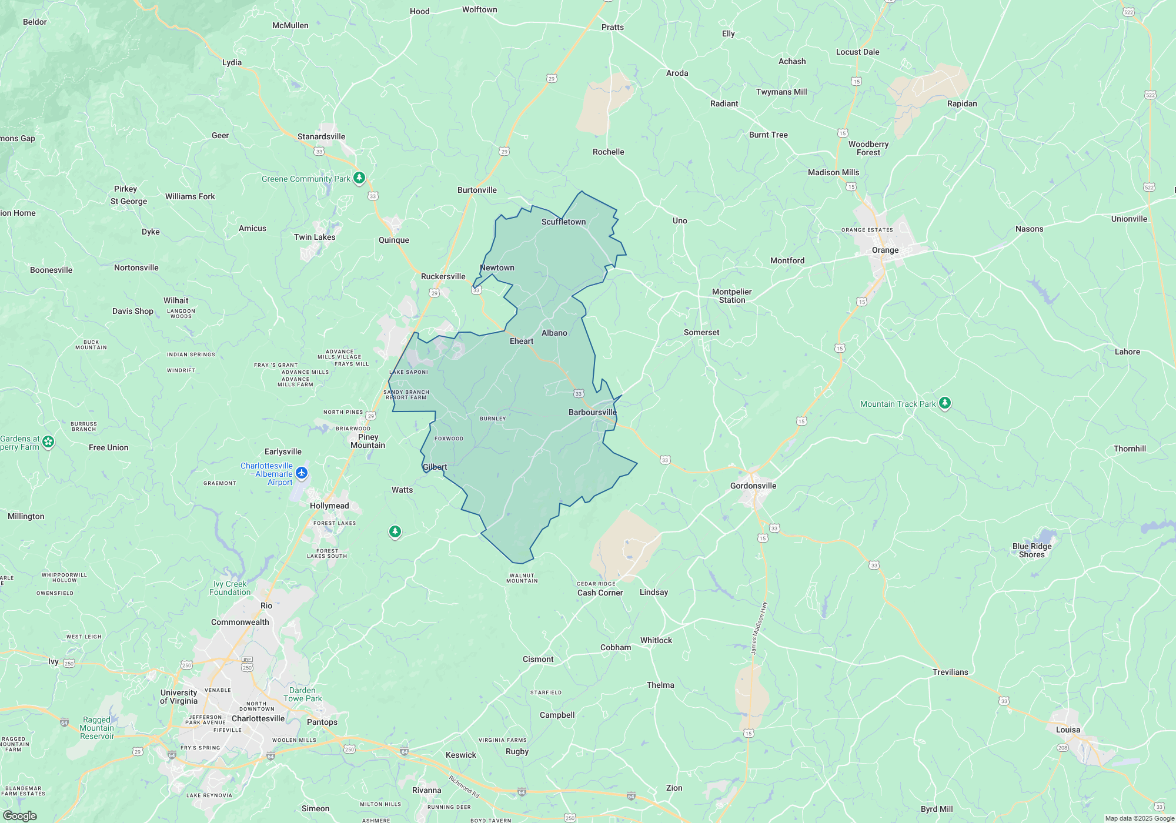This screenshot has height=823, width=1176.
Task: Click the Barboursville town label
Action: pos(592,412)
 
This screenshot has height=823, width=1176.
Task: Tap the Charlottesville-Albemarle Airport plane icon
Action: pos(302,473)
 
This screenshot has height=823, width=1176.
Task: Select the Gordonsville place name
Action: pos(753,486)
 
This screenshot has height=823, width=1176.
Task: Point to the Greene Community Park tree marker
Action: pos(359,178)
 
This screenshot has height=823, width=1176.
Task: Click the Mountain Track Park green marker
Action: pos(945,403)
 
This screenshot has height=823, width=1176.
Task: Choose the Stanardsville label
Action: pos(321,136)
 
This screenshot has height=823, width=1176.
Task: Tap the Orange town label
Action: pos(885,250)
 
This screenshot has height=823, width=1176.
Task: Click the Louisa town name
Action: pos(1068,730)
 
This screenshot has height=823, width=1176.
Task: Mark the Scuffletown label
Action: pos(563,222)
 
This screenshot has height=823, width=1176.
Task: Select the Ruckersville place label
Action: pos(443,276)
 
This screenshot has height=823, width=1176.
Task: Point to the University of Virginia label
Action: pos(179,697)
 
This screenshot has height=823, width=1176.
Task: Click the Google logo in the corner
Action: pos(20,815)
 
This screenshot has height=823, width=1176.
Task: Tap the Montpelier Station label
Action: pos(731,296)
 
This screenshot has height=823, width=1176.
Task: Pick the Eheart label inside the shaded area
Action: pos(522,341)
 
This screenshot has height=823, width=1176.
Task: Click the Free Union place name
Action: pos(108,447)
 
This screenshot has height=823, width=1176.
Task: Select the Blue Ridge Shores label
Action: pos(1032,550)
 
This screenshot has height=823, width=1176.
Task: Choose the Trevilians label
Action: pos(950,672)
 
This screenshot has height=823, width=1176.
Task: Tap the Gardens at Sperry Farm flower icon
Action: pos(48,441)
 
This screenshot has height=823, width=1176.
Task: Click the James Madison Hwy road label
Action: pos(759,628)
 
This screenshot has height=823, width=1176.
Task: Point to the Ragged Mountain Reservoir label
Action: pos(97,728)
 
